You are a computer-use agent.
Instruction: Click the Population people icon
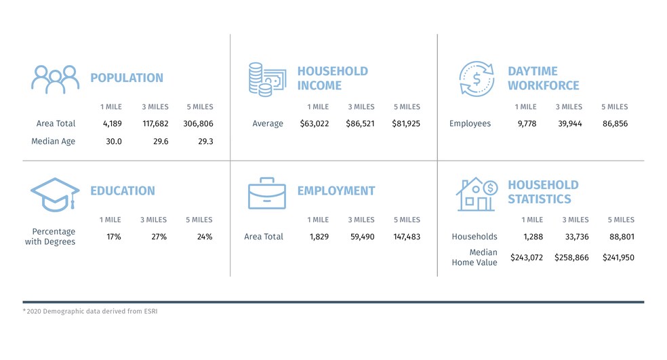[55, 79]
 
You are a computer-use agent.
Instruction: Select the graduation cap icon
[55, 193]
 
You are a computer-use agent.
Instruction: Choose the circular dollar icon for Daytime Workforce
[477, 79]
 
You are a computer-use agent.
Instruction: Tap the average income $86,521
[361, 123]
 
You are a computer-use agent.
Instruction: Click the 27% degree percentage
[153, 237]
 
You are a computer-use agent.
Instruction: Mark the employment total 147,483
[406, 237]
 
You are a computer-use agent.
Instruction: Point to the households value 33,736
[573, 237]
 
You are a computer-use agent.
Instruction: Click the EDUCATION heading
[123, 191]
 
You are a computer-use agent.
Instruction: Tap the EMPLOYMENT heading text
[336, 191]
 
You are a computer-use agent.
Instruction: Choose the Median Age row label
[53, 141]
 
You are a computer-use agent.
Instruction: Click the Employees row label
[470, 123]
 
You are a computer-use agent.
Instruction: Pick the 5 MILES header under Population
[199, 106]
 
